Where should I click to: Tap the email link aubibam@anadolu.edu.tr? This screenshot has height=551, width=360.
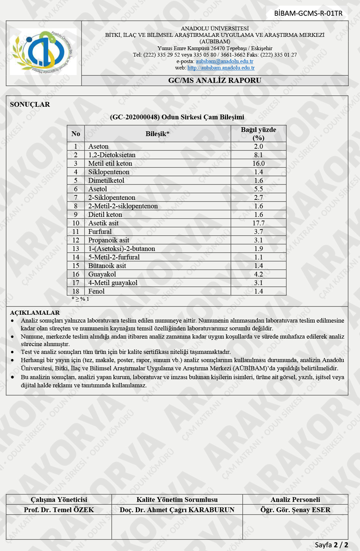pos(224,61)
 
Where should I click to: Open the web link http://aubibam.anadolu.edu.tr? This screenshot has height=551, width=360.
pos(221,68)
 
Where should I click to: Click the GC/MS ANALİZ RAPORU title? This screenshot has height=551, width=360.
pos(215,80)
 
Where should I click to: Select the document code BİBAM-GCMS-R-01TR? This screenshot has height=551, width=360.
pos(308,14)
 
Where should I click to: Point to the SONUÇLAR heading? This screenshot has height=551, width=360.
pos(30,105)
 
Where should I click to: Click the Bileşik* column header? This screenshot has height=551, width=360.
pos(157,134)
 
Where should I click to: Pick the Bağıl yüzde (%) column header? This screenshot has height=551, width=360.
pos(258,134)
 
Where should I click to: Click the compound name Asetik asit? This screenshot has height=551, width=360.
pos(103,223)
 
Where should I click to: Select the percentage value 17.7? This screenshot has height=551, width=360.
pos(258,223)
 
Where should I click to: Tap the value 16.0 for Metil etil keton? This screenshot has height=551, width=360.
pos(258,163)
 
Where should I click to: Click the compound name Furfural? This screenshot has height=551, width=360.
pos(100,232)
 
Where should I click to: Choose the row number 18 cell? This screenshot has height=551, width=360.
pos(76,291)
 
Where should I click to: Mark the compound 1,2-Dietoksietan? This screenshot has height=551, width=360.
pos(112,155)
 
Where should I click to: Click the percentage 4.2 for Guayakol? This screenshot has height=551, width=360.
pos(258,274)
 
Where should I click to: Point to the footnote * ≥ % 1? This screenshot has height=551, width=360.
pos(80,299)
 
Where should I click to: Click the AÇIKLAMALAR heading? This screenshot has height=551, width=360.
pos(35,313)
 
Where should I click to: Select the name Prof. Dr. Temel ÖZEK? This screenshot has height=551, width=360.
pos(59,510)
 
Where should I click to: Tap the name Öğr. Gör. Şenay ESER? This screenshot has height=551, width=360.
pos(295,510)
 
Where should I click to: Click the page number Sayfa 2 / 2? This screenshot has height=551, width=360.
pos(331,545)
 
